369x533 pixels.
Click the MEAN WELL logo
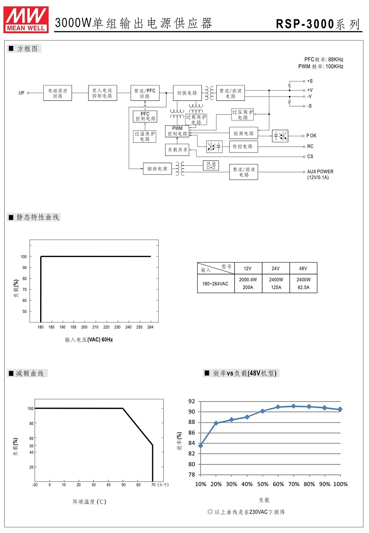[x=26, y=20]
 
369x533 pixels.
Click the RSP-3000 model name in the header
[x=305, y=24]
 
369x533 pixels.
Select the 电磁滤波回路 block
[x=58, y=93]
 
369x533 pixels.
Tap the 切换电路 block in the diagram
[x=187, y=93]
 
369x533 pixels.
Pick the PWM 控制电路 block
[x=177, y=131]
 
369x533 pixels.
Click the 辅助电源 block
[x=157, y=169]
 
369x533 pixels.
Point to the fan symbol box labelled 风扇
[x=211, y=165]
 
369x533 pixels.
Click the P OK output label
[x=311, y=135]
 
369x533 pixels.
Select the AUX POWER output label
[x=320, y=172]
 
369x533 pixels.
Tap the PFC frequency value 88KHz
[x=336, y=59]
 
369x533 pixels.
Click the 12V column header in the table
[x=248, y=269]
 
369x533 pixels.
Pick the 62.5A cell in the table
[x=304, y=287]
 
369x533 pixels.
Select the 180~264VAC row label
[x=215, y=283]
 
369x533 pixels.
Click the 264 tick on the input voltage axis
[x=150, y=327]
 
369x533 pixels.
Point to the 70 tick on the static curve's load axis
[x=24, y=290]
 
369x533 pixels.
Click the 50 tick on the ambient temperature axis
[x=123, y=485]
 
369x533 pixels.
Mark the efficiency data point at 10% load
[x=201, y=445]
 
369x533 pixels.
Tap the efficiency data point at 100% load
[x=340, y=409]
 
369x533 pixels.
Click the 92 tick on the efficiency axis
[x=191, y=401]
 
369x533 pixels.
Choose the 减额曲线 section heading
[x=30, y=373]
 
